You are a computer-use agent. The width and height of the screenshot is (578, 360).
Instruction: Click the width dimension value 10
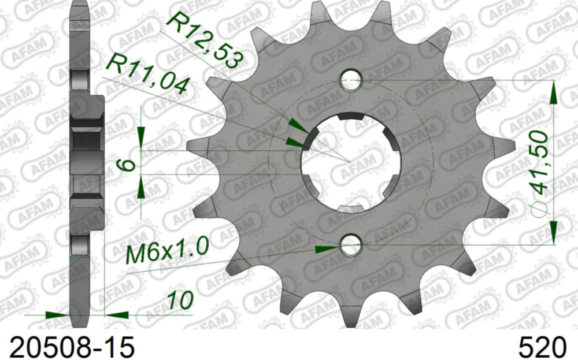pyautogui.click(x=179, y=300)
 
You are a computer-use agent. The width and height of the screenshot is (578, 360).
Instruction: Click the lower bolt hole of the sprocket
pyautogui.click(x=350, y=247)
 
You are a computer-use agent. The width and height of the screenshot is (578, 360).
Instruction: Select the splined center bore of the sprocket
pyautogui.click(x=349, y=161)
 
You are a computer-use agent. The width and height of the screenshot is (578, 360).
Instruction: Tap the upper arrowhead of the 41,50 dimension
pyautogui.click(x=554, y=92)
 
